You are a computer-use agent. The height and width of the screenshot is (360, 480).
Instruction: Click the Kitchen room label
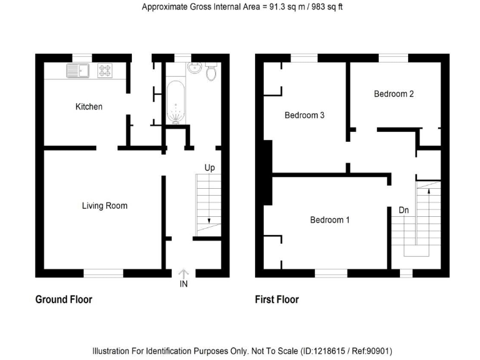pyautogui.click(x=89, y=107)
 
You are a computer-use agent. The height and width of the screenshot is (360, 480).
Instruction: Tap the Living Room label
pyautogui.click(x=104, y=206)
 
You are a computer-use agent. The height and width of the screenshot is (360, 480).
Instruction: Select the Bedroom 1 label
pyautogui.click(x=330, y=220)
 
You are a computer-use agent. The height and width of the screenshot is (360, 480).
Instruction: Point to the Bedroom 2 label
pyautogui.click(x=394, y=94)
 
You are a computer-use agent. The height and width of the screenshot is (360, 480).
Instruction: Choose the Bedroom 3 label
pyautogui.click(x=304, y=116)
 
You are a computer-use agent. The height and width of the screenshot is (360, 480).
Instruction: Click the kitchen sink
pyautogui.click(x=78, y=71)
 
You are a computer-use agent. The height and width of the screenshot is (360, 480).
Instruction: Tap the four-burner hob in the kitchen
pyautogui.click(x=105, y=71)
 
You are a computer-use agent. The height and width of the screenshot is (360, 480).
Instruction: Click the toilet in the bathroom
pyautogui.click(x=211, y=72)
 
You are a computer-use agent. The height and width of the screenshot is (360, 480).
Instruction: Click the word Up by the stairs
pyautogui.click(x=210, y=168)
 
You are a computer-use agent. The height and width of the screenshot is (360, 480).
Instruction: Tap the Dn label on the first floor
pyautogui.click(x=404, y=211)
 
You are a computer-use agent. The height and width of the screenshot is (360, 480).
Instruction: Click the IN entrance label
pyautogui.click(x=184, y=284)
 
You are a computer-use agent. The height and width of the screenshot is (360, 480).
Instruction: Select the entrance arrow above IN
pyautogui.click(x=184, y=273)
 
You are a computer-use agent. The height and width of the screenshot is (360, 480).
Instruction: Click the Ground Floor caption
pyautogui.click(x=64, y=299)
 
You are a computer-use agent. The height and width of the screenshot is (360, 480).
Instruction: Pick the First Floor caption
pyautogui.click(x=277, y=299)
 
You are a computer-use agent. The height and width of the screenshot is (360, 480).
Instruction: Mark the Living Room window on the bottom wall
pyautogui.click(x=104, y=272)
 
